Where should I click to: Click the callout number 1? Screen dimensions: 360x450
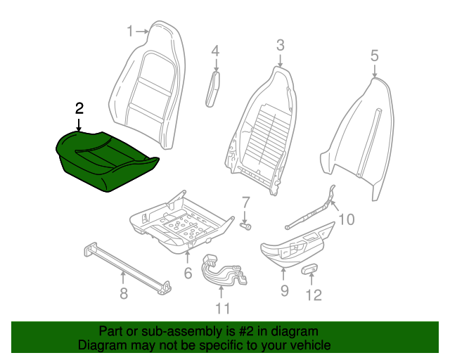(129, 30)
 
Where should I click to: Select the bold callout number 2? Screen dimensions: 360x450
(79, 108)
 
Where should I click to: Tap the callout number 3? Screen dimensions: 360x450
(280, 46)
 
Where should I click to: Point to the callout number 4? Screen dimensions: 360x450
(215, 51)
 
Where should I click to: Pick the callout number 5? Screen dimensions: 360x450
(374, 55)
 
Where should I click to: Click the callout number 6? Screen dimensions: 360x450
(188, 273)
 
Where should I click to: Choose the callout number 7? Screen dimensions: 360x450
(245, 202)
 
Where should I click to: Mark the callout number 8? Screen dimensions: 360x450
(124, 293)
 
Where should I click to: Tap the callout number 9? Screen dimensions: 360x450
(284, 290)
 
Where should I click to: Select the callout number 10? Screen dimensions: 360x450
(346, 219)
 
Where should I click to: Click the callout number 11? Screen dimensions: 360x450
(222, 307)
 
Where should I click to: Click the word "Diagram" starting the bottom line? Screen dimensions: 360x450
(99, 346)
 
